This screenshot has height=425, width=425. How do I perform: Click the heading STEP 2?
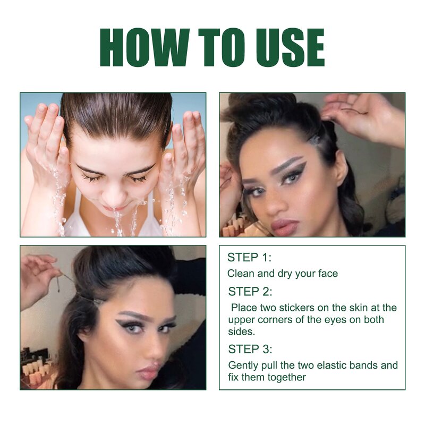(250, 291)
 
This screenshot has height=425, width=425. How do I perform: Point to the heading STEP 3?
(250, 349)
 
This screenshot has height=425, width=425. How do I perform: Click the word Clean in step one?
(240, 274)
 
